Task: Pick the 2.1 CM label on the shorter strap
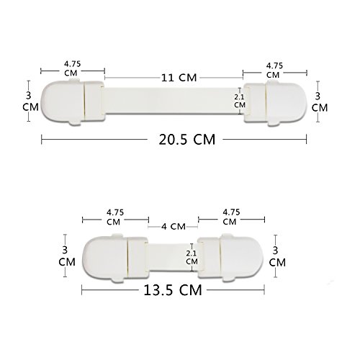(191, 258)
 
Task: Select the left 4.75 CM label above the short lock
(114, 217)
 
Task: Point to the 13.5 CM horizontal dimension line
(108, 290)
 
